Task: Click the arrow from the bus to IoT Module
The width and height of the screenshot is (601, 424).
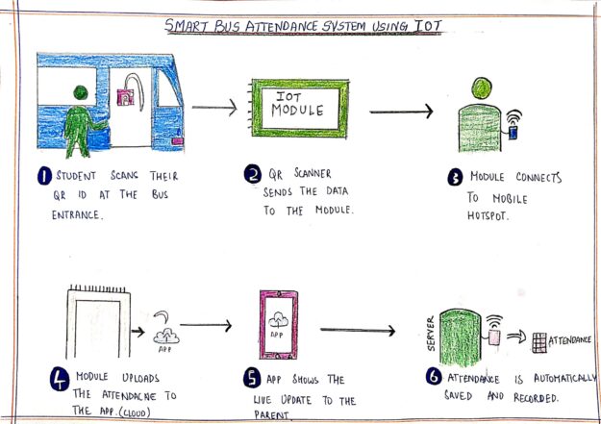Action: tap(213, 108)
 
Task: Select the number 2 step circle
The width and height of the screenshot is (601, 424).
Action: tap(251, 176)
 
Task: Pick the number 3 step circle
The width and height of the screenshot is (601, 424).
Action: tap(455, 178)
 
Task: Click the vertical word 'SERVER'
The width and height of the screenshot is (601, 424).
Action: tap(430, 333)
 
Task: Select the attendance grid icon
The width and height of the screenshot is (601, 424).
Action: tap(544, 341)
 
